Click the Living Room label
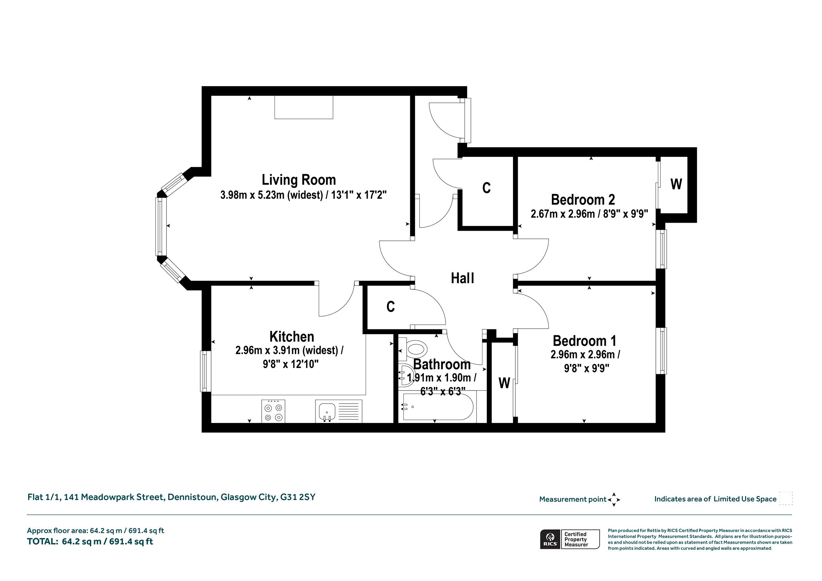299,180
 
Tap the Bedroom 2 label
583,199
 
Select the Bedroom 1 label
584,341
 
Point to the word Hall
462,278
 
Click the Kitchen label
292,336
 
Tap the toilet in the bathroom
413,348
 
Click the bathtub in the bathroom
438,407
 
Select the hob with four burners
273,411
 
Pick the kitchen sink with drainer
339,411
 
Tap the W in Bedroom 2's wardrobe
676,184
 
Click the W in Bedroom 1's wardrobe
504,383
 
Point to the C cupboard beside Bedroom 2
486,188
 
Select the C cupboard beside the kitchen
391,307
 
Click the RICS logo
550,539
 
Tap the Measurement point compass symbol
614,500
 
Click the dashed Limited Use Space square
786,498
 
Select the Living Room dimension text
303,195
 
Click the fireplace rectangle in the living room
304,107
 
